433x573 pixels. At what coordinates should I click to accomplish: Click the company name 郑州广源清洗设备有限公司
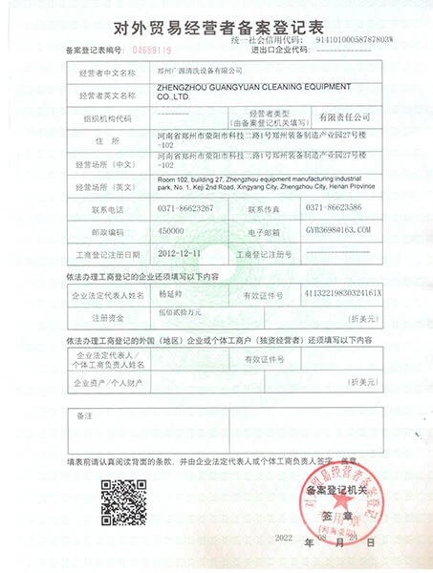201,71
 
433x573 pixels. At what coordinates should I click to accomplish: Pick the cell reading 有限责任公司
331,116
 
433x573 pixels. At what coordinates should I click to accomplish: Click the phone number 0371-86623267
188,207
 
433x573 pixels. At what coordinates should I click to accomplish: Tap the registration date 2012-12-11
180,255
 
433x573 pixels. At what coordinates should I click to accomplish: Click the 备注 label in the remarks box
84,417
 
